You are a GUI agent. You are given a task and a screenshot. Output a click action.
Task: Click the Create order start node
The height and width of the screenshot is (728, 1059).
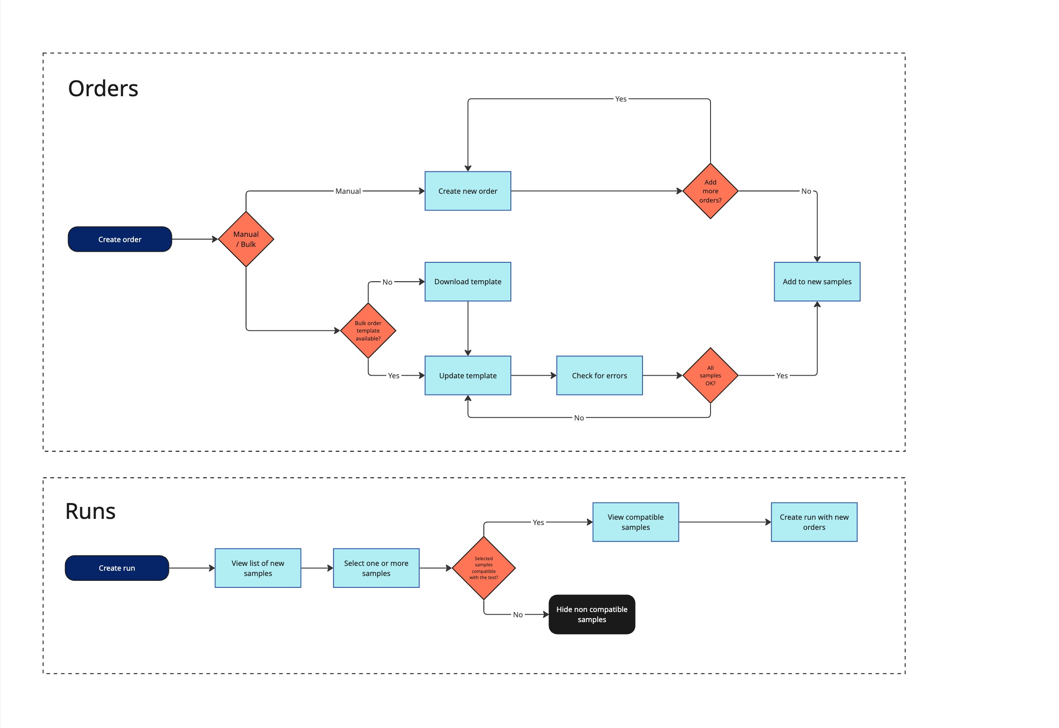pos(120,239)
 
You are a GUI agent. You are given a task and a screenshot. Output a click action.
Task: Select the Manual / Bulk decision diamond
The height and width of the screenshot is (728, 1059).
pos(246,239)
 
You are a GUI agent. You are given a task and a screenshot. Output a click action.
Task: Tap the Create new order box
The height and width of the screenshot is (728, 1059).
pos(467,191)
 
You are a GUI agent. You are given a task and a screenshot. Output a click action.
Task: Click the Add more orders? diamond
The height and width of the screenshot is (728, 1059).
pos(710,191)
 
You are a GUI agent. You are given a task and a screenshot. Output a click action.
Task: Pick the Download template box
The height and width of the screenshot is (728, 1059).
pos(467,282)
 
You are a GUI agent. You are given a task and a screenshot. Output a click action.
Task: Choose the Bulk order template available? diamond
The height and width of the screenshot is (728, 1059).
pos(368,331)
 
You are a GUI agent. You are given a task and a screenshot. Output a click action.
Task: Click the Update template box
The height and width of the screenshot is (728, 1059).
pos(467,375)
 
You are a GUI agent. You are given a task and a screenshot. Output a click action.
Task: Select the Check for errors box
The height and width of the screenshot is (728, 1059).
pos(599,375)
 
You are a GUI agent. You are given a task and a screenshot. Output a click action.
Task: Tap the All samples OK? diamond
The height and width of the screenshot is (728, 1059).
pos(710,375)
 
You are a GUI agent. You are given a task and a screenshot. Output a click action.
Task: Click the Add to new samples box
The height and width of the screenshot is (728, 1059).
pos(817,282)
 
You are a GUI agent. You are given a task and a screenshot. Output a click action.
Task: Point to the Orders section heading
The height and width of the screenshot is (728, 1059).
pos(103,88)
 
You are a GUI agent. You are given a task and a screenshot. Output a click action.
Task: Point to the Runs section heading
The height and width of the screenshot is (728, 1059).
pos(90,511)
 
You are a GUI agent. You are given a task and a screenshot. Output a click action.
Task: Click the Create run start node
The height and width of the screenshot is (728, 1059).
pos(117,568)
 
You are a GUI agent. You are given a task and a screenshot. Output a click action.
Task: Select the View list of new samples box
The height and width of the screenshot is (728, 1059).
pos(258,568)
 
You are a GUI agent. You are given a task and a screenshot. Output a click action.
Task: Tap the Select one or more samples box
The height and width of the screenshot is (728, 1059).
pos(376,568)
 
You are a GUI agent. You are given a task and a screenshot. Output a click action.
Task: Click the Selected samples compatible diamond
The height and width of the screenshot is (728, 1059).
pos(484,568)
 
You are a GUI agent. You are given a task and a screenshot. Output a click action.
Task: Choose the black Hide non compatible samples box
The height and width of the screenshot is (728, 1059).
pos(592,614)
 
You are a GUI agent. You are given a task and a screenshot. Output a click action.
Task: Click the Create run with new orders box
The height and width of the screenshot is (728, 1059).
pos(814,522)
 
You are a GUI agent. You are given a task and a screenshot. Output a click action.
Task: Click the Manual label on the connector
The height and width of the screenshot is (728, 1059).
pos(348,191)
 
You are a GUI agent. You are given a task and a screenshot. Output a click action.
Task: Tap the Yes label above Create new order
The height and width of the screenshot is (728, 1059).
pos(621,99)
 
